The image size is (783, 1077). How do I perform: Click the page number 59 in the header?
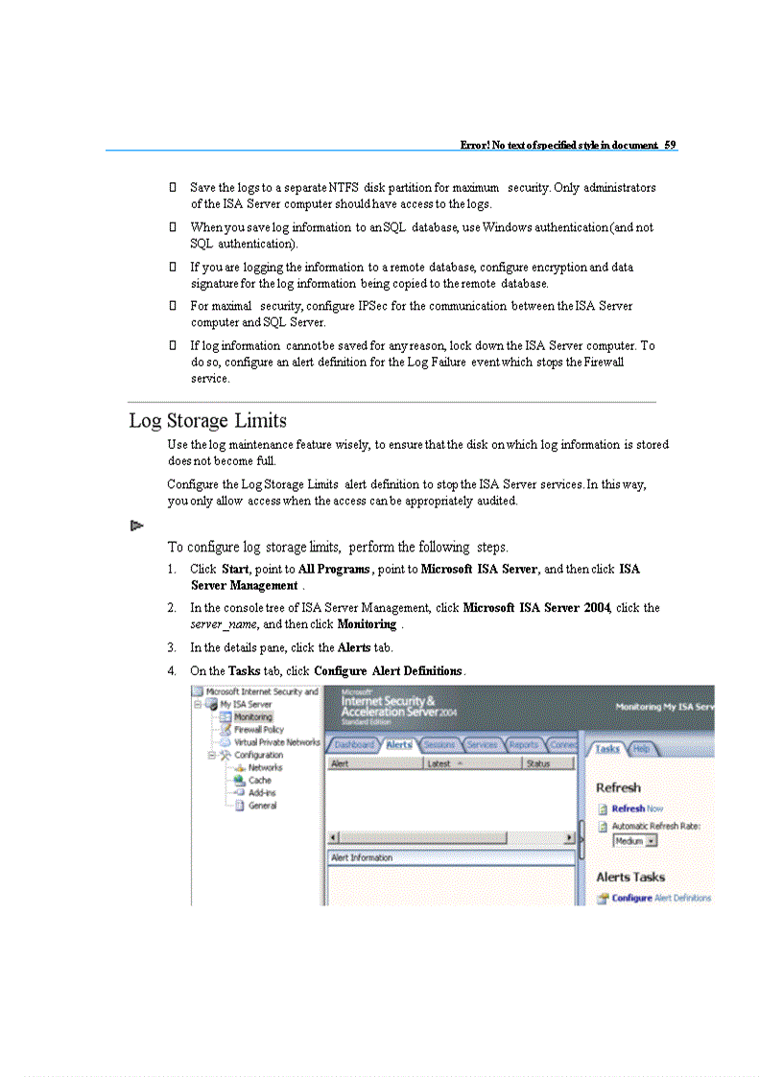670,145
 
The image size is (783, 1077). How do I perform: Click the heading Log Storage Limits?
207,421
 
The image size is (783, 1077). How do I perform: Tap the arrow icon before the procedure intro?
136,526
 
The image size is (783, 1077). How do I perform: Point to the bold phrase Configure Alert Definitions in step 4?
389,670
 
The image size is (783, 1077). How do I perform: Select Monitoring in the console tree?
252,716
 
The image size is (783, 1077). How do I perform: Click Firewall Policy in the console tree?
258,730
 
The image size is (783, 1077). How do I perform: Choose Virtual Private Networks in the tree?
276,742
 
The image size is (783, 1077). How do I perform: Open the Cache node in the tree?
259,781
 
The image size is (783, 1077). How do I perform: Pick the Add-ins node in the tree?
261,793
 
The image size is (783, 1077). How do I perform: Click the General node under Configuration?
262,806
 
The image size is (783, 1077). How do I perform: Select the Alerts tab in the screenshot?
399,744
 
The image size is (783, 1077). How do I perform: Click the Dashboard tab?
354,744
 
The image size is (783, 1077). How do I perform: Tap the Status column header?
538,763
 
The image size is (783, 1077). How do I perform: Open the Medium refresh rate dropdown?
635,841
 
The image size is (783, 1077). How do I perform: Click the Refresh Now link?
637,808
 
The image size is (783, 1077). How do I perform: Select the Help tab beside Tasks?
642,748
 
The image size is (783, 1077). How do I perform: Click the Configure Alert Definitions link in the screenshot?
661,898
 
